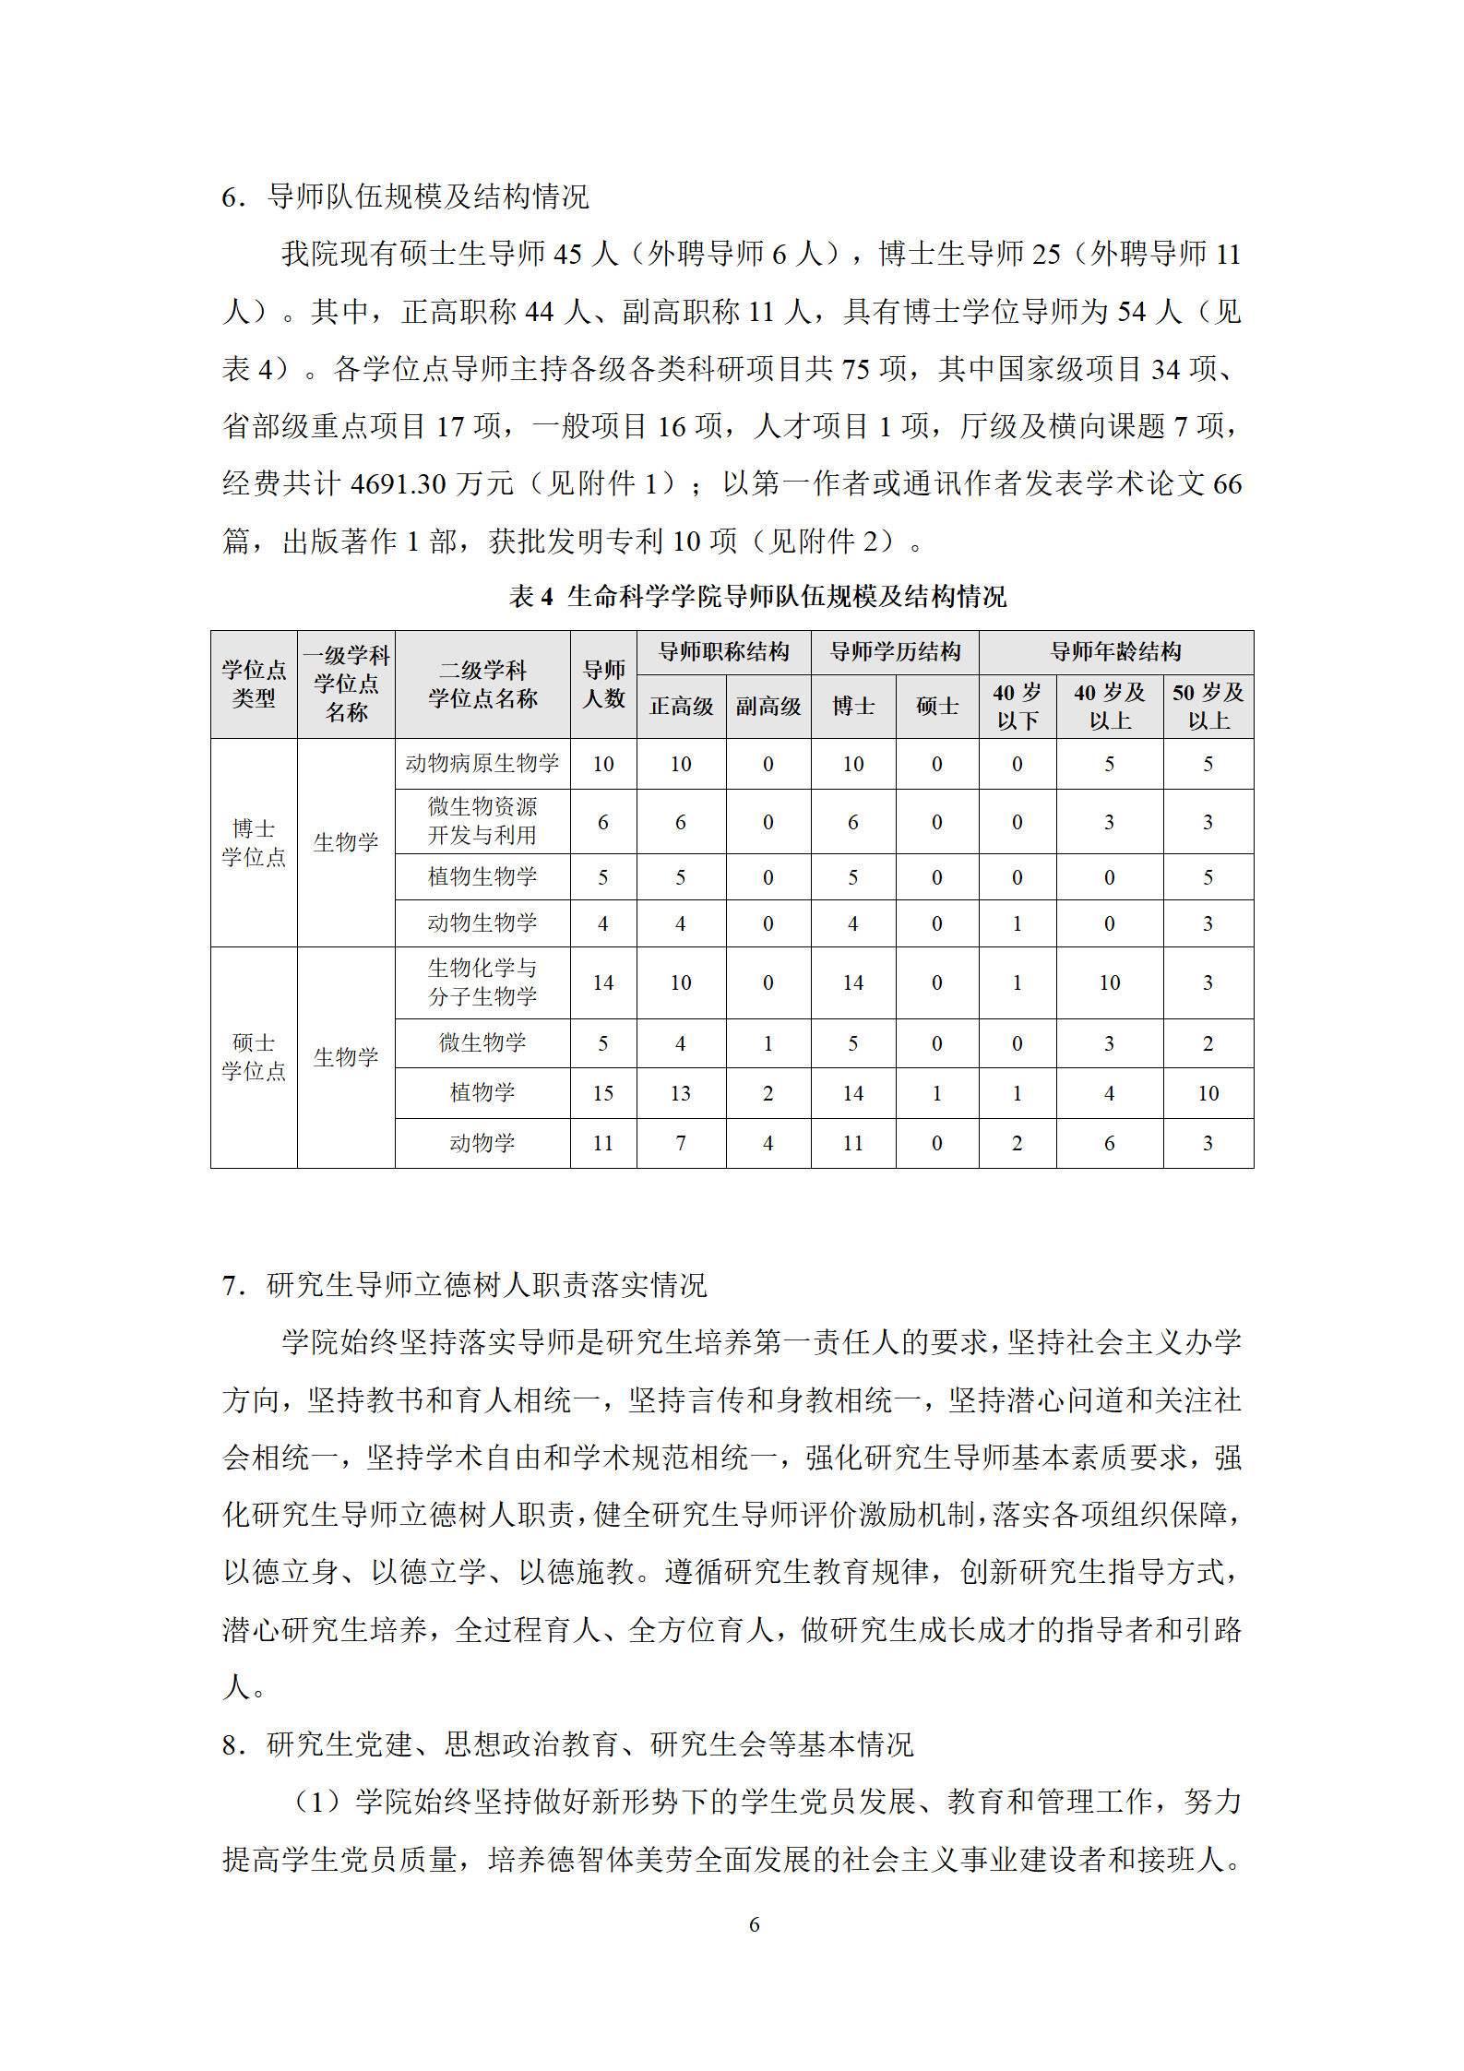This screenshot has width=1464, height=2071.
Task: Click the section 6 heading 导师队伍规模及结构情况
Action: pyautogui.click(x=427, y=196)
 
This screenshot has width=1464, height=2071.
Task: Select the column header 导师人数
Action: pyautogui.click(x=603, y=684)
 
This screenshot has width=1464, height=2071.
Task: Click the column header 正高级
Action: pyautogui.click(x=681, y=706)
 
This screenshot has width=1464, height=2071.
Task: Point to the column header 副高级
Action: pyautogui.click(x=768, y=706)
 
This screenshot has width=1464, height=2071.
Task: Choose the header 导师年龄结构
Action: pyautogui.click(x=1115, y=652)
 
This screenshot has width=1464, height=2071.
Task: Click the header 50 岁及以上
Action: pyautogui.click(x=1208, y=706)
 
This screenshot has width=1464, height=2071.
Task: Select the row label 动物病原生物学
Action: pyautogui.click(x=482, y=763)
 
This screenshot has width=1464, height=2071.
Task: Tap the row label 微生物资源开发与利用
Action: pyautogui.click(x=482, y=820)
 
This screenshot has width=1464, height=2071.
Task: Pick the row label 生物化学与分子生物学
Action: pyautogui.click(x=482, y=982)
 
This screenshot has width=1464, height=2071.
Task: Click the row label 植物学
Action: pyautogui.click(x=482, y=1092)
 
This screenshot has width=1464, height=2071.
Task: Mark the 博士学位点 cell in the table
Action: pyautogui.click(x=254, y=842)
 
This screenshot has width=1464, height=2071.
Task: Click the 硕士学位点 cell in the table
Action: pyautogui.click(x=254, y=1056)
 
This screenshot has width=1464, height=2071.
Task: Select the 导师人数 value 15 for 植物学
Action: pyautogui.click(x=603, y=1093)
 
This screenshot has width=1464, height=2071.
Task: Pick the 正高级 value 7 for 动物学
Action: pyautogui.click(x=681, y=1143)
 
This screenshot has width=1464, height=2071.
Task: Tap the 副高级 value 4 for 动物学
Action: pyautogui.click(x=768, y=1143)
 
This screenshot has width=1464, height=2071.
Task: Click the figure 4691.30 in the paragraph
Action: pyautogui.click(x=399, y=483)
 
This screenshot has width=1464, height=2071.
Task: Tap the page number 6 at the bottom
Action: pyautogui.click(x=754, y=1924)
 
